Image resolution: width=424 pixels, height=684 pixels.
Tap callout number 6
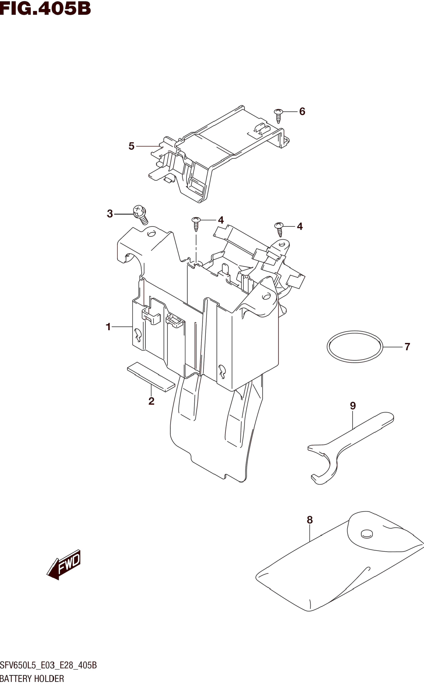(302, 111)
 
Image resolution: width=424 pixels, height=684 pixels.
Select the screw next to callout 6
(278, 115)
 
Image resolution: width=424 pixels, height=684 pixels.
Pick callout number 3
(110, 214)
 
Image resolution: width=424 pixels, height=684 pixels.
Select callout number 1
(108, 327)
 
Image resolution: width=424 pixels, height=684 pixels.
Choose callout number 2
(151, 401)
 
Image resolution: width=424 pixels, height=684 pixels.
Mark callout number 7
(407, 347)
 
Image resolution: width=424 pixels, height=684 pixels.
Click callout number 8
(310, 520)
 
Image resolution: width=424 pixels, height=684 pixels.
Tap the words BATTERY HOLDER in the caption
(32, 678)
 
